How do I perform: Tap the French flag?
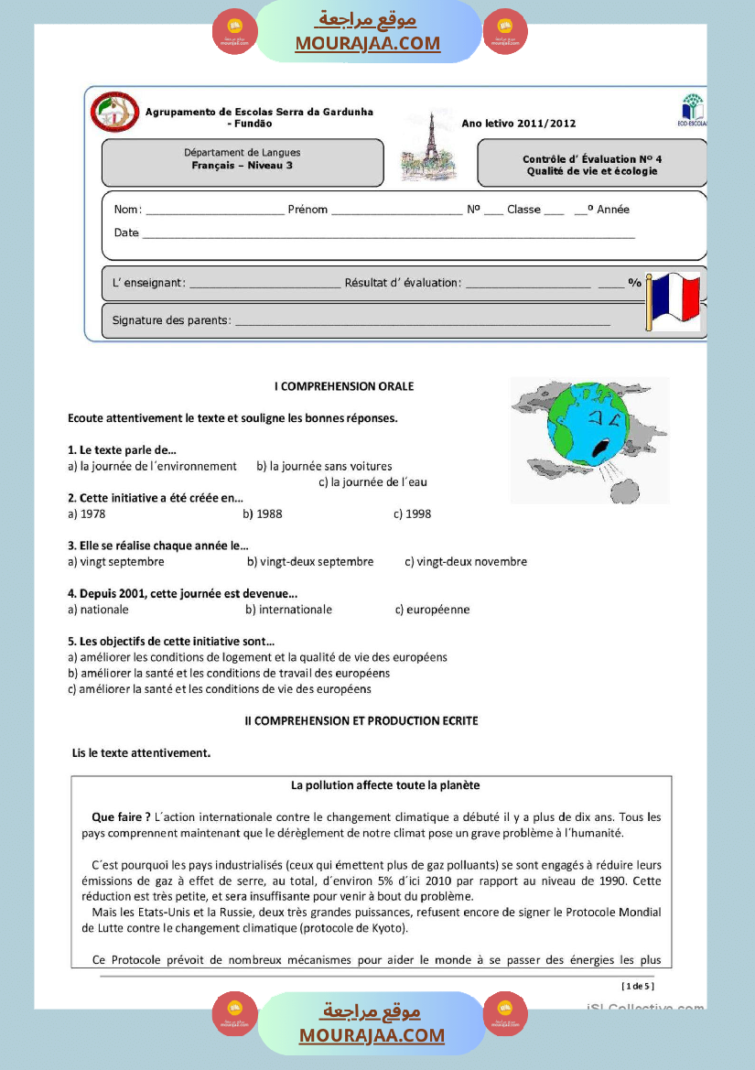(674, 300)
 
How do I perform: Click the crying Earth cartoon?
(587, 438)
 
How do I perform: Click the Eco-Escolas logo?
(693, 109)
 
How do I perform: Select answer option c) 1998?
(412, 513)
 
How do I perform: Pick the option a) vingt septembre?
(116, 561)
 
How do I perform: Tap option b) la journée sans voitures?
(324, 466)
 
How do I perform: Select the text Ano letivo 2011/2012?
(518, 123)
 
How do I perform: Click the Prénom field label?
(307, 210)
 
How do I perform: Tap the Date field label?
(126, 232)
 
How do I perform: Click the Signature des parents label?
(171, 320)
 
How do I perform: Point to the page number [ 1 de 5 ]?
(638, 986)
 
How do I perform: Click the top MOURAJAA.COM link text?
(367, 43)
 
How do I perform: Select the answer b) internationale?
(288, 609)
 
